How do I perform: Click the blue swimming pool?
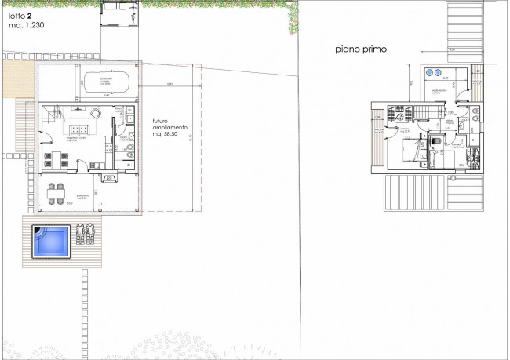coord(50,241)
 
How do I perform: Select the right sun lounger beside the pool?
coord(91,234)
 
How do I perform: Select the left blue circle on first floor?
coord(429,72)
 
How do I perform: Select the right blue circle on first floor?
coord(441,72)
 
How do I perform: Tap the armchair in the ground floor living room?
coord(96,112)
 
